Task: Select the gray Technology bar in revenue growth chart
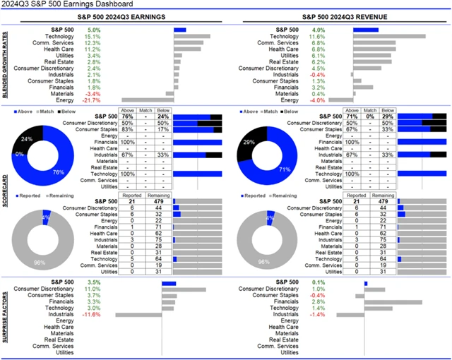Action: click(x=388, y=37)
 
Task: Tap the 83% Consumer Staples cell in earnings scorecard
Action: click(x=128, y=130)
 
